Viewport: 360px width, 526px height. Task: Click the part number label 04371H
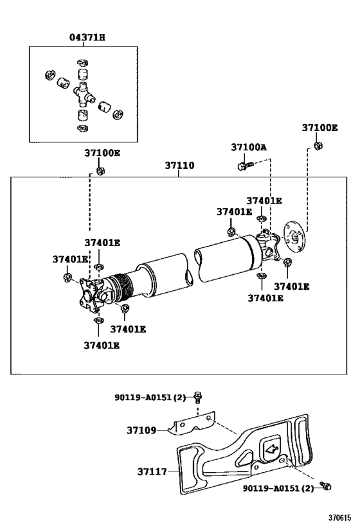coord(87,37)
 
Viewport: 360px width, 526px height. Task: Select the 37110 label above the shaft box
coord(179,166)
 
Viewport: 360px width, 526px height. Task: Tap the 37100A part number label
coord(249,147)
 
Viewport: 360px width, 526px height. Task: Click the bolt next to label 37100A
coord(245,166)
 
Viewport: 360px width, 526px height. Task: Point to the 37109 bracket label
coord(141,430)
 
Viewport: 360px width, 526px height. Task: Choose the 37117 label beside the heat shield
coord(152,471)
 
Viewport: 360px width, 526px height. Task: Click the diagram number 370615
coord(339,518)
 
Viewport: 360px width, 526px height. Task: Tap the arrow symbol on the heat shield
coord(272,448)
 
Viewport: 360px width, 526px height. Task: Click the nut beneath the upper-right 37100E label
coord(318,146)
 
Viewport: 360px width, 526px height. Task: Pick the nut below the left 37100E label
coord(100,171)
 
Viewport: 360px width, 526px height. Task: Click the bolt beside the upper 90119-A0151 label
coord(198,398)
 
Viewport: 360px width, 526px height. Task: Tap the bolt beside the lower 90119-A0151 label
coord(325,486)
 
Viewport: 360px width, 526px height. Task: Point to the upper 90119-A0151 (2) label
coord(150,398)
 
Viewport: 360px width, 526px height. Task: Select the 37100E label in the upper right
coord(319,128)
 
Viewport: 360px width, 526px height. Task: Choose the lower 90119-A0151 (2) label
coord(278,488)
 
